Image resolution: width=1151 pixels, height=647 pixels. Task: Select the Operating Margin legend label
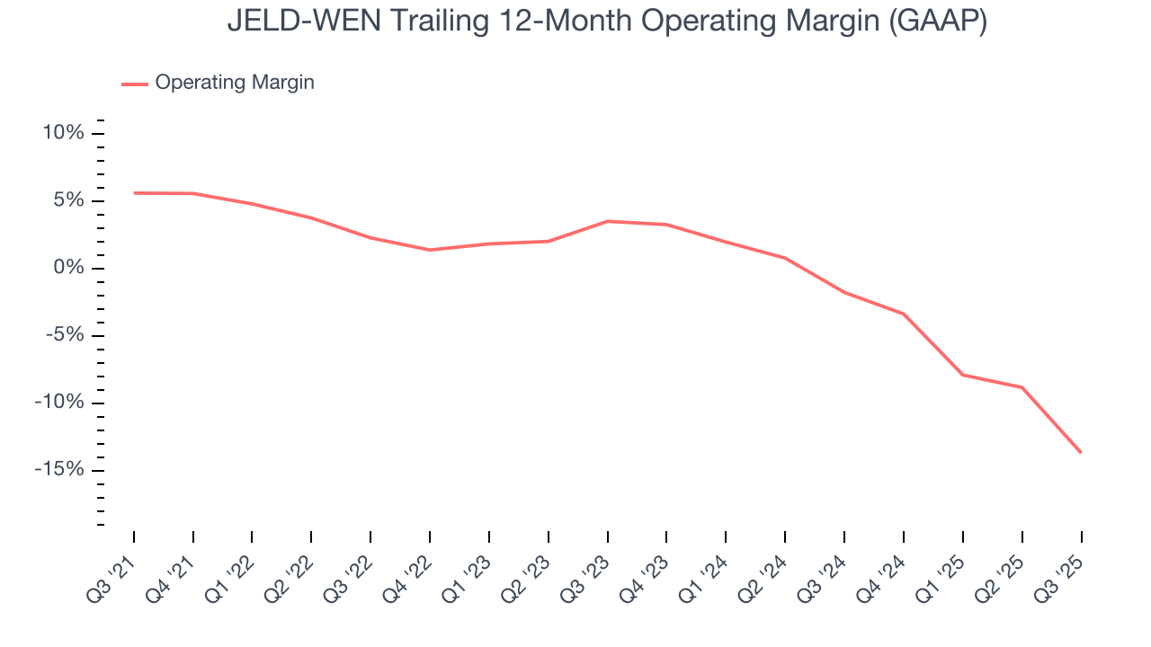[x=235, y=83]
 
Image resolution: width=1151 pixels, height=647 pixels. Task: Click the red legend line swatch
[x=135, y=84]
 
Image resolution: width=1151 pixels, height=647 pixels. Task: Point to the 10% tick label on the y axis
[x=63, y=133]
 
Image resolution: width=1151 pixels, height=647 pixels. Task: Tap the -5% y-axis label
[x=65, y=335]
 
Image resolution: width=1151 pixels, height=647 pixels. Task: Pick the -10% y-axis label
[x=59, y=403]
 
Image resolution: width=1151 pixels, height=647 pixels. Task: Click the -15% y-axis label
[x=59, y=470]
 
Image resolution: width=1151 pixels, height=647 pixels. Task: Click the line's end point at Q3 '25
[x=1081, y=452]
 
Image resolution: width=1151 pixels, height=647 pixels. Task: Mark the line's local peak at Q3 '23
[x=608, y=221]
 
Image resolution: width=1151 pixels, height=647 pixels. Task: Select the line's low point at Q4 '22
[x=430, y=250]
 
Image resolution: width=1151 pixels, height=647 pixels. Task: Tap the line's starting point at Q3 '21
[x=134, y=192]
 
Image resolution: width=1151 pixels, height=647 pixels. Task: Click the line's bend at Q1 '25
[x=963, y=375]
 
